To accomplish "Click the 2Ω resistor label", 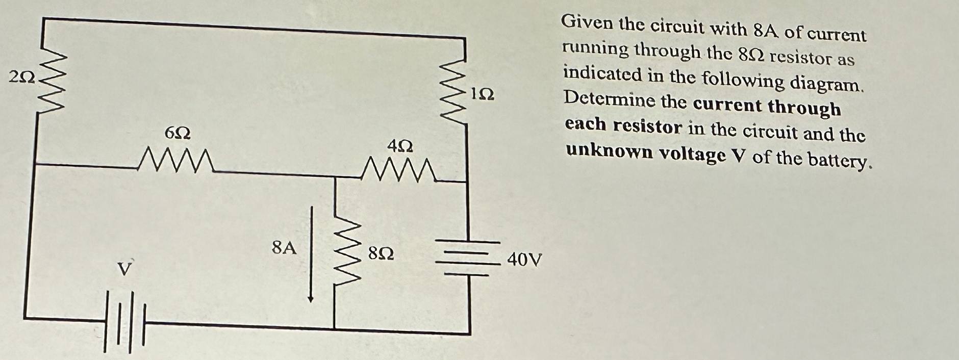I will pos(22,78).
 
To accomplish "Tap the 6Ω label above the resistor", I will pos(178,134).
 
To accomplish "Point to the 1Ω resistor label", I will pos(482,94).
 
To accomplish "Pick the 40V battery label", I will pos(524,260).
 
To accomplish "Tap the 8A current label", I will pos(284,248).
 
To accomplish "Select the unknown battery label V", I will pos(123,269).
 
